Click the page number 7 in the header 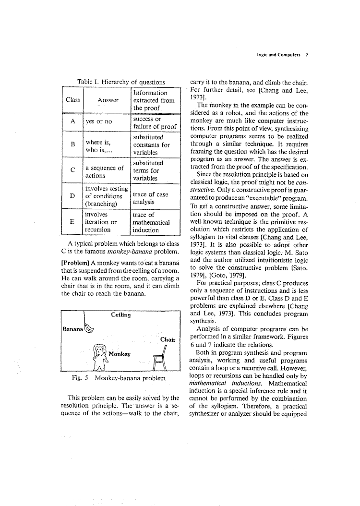pos(306,55)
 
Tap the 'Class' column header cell pos(72,100)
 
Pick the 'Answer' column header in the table pos(108,100)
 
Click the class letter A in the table pos(72,121)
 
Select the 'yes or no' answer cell pos(98,122)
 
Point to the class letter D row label pos(72,196)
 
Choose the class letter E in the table pos(72,222)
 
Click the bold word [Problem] pos(75,263)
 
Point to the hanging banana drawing pos(89,328)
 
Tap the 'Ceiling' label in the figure pos(120,315)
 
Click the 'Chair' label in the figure pos(168,339)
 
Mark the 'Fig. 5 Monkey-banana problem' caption pos(118,378)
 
